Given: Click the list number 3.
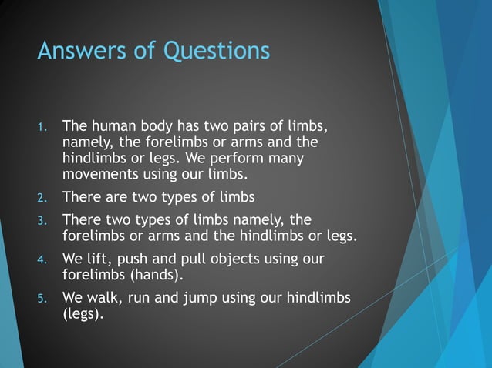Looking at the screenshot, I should (43, 220).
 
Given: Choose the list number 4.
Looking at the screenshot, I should (43, 259).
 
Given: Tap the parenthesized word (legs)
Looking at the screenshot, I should (82, 314).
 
